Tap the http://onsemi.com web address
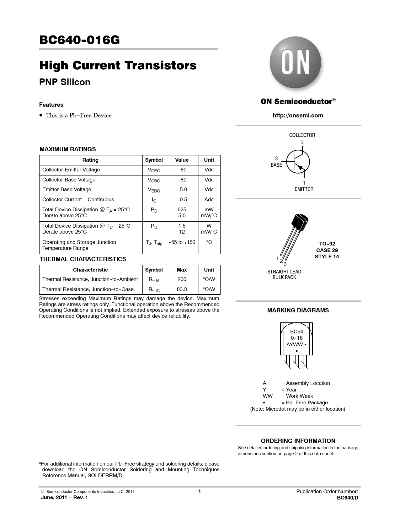tap(298, 116)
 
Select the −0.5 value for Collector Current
tap(182, 200)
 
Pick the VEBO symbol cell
tap(154, 190)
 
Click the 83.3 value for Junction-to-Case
tap(182, 289)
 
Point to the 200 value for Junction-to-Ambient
tap(182, 279)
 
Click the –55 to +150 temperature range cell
tap(182, 242)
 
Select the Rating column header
tap(90, 160)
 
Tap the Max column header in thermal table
tap(182, 270)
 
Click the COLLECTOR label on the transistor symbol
tap(302, 135)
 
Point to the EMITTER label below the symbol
tap(304, 189)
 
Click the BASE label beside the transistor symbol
tap(276, 165)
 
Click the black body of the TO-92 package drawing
tap(300, 222)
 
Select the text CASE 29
tap(327, 250)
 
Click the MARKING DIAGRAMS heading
tap(298, 310)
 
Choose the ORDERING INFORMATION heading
tap(298, 441)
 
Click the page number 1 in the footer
tap(200, 492)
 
